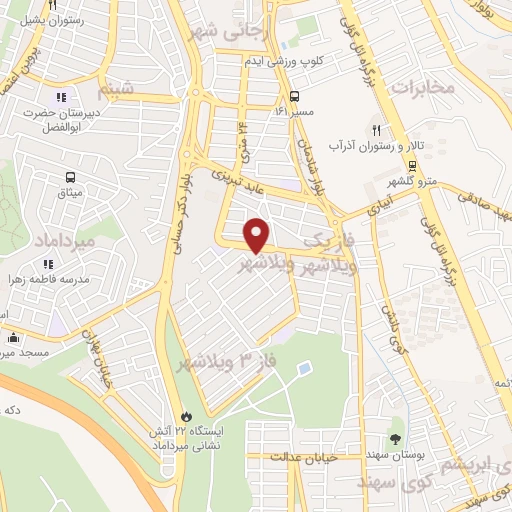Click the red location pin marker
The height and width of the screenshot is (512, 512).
(258, 235)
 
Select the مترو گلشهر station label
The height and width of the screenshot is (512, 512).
(413, 182)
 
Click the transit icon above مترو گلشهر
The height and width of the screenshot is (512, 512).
(413, 166)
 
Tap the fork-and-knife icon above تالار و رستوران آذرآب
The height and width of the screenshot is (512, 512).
(377, 130)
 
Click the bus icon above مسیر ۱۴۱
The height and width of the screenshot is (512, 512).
(294, 98)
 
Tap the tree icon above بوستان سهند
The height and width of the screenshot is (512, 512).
(397, 440)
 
